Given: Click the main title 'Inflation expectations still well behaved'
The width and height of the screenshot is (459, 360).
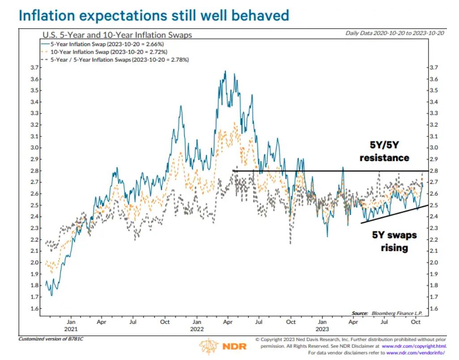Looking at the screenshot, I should tap(153, 16).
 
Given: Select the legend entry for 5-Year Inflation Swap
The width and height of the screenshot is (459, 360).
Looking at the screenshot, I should tap(104, 44).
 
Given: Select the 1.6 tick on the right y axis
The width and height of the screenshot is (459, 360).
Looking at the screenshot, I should tap(433, 309).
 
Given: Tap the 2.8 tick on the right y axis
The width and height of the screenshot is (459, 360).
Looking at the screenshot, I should tap(433, 171).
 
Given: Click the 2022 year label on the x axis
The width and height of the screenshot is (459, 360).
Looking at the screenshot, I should tap(197, 329).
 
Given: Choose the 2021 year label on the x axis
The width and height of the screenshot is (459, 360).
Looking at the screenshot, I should tap(71, 329).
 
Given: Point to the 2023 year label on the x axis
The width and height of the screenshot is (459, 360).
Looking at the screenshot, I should tap(322, 329).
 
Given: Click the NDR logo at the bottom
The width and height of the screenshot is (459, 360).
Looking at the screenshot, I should tap(223, 347).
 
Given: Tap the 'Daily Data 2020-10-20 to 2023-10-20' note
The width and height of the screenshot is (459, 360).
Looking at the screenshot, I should tap(395, 33).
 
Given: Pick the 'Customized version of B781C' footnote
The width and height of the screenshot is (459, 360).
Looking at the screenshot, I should tap(51, 339).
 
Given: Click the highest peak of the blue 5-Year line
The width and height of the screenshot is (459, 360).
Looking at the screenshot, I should tap(225, 71).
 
